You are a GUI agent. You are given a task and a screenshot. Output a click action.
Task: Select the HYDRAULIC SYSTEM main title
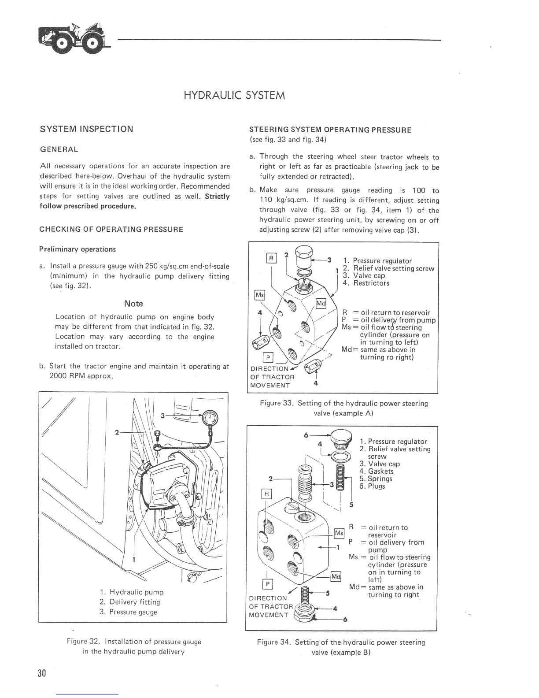[x=234, y=95]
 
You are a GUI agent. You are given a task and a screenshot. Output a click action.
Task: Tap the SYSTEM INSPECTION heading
[x=86, y=129]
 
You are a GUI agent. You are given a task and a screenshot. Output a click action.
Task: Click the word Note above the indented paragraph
[x=133, y=304]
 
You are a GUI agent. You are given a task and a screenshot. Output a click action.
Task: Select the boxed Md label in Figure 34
[x=336, y=577]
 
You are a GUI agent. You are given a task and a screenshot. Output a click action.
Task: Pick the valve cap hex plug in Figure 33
[x=304, y=254]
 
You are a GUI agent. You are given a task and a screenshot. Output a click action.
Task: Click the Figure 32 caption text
[x=133, y=646]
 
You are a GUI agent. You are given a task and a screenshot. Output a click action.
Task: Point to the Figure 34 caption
[x=341, y=647]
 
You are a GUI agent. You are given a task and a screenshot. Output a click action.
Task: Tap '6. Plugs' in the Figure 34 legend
[x=372, y=486]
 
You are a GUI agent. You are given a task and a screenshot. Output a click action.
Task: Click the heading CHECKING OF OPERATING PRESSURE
[x=111, y=230]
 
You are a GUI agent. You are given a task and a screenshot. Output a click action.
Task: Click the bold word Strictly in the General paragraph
[x=217, y=196]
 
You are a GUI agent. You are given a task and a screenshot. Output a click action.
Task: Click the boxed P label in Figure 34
[x=266, y=584]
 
